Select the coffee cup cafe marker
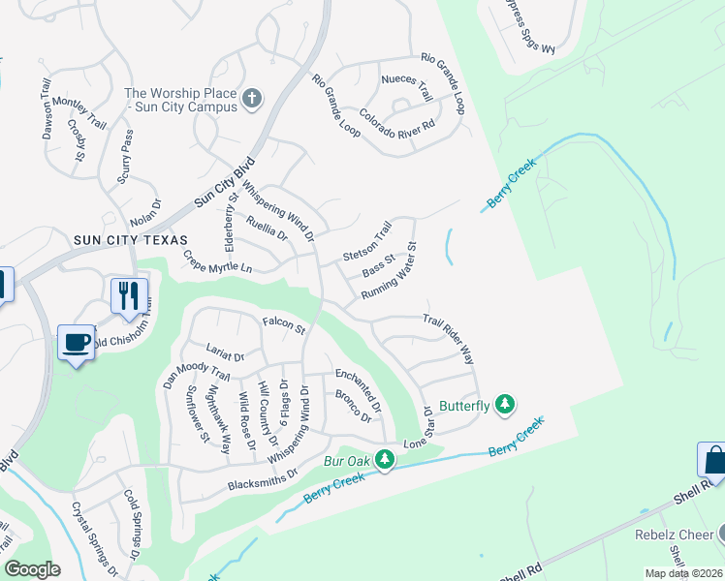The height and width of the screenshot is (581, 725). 77,342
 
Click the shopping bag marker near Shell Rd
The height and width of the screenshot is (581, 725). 713,459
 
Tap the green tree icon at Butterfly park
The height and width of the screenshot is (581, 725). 504,404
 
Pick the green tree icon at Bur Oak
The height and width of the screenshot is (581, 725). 385,458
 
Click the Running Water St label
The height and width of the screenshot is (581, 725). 389,271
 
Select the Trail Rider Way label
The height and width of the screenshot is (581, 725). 448,339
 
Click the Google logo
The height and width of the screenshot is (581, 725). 32,569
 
